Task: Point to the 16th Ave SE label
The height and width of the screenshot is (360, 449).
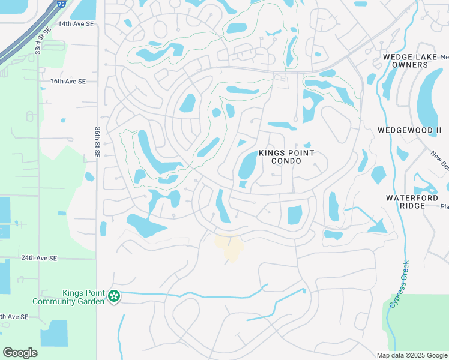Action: coord(68,81)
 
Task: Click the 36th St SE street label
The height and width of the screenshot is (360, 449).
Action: coord(97,142)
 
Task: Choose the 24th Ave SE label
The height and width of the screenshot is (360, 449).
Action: coord(38,257)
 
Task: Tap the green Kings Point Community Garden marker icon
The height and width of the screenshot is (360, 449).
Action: coord(113,296)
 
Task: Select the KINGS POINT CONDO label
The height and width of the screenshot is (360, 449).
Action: coord(285,157)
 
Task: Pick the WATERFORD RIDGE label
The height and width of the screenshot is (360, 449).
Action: coord(413,201)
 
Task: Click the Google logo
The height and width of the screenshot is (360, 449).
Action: coord(20,352)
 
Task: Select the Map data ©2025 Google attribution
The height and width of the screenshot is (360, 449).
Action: coord(412,355)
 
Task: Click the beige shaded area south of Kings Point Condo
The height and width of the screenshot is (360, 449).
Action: coord(230,247)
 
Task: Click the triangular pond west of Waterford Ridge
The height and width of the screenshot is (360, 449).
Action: coord(378,226)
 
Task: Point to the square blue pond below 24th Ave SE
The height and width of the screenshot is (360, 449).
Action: coord(54,333)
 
